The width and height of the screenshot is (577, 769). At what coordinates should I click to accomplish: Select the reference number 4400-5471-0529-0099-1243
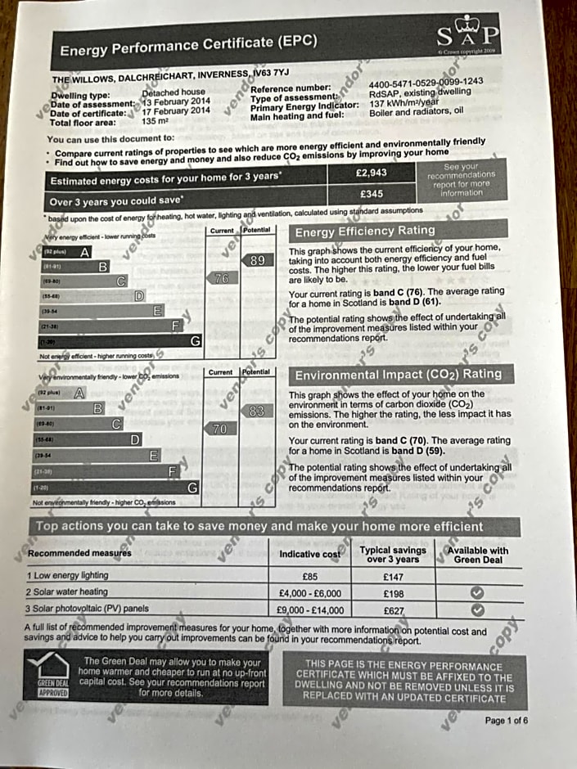coord(426,81)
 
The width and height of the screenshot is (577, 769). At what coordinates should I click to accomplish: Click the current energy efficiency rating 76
coord(220,278)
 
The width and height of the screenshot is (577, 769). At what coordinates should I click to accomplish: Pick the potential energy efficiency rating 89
coord(257,260)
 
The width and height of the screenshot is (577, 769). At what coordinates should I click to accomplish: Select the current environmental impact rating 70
coord(219,429)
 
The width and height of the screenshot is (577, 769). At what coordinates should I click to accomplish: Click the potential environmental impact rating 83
coord(256,411)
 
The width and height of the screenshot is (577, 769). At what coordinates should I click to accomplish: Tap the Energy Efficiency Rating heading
coord(365,232)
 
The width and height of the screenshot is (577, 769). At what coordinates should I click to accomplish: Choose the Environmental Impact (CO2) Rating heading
coord(398,375)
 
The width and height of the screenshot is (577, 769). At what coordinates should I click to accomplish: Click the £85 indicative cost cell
coord(309,576)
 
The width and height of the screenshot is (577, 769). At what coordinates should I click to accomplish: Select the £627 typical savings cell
coord(394,609)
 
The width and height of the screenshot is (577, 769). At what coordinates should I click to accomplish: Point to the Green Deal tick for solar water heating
coord(477,592)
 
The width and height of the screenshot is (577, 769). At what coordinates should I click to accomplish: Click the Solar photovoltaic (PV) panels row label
coord(88,609)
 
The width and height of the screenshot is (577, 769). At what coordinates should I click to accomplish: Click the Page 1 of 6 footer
coord(506,721)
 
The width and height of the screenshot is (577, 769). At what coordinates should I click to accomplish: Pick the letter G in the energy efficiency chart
coord(195,341)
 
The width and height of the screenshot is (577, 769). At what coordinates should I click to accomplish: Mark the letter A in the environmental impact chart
coord(79,393)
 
